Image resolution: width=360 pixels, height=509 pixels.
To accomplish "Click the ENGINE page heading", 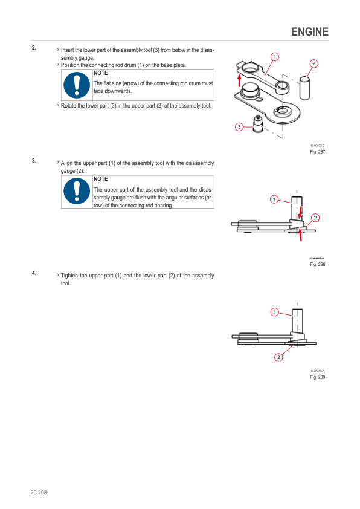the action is point(310,32).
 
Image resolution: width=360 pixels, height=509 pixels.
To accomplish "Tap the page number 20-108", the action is point(39,492).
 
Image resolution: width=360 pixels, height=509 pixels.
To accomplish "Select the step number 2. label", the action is point(34,48).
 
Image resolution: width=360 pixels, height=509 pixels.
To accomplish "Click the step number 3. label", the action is point(34,161).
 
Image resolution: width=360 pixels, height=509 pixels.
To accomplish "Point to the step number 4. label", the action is point(34,273).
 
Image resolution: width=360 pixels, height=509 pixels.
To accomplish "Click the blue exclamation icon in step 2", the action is point(77,85).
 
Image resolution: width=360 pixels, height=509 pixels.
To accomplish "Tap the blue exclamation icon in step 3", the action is point(77,191).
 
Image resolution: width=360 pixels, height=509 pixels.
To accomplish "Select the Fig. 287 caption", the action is point(318,152).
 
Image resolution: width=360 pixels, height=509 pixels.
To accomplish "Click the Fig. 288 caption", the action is point(318,264).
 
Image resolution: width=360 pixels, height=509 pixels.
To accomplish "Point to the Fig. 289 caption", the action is point(318,377).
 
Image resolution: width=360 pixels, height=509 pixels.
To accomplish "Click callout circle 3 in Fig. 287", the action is point(239,127).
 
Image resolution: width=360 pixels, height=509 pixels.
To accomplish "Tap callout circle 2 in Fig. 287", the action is point(313,63).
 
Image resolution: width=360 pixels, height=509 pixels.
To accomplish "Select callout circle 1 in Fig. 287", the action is point(275,57).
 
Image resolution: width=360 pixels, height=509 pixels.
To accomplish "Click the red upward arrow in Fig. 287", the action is point(239,81).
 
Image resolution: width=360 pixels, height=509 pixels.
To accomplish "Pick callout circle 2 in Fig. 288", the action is point(315,218).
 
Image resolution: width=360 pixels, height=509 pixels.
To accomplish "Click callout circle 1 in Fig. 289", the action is point(274,312).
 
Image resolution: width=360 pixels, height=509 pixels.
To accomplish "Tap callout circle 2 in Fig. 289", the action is point(278,357).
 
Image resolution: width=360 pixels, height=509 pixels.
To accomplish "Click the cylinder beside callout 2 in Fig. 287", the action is point(304,88).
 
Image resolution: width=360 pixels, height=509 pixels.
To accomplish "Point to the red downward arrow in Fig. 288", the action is point(300,212).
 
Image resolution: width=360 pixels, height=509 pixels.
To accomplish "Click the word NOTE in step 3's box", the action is point(100,179).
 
